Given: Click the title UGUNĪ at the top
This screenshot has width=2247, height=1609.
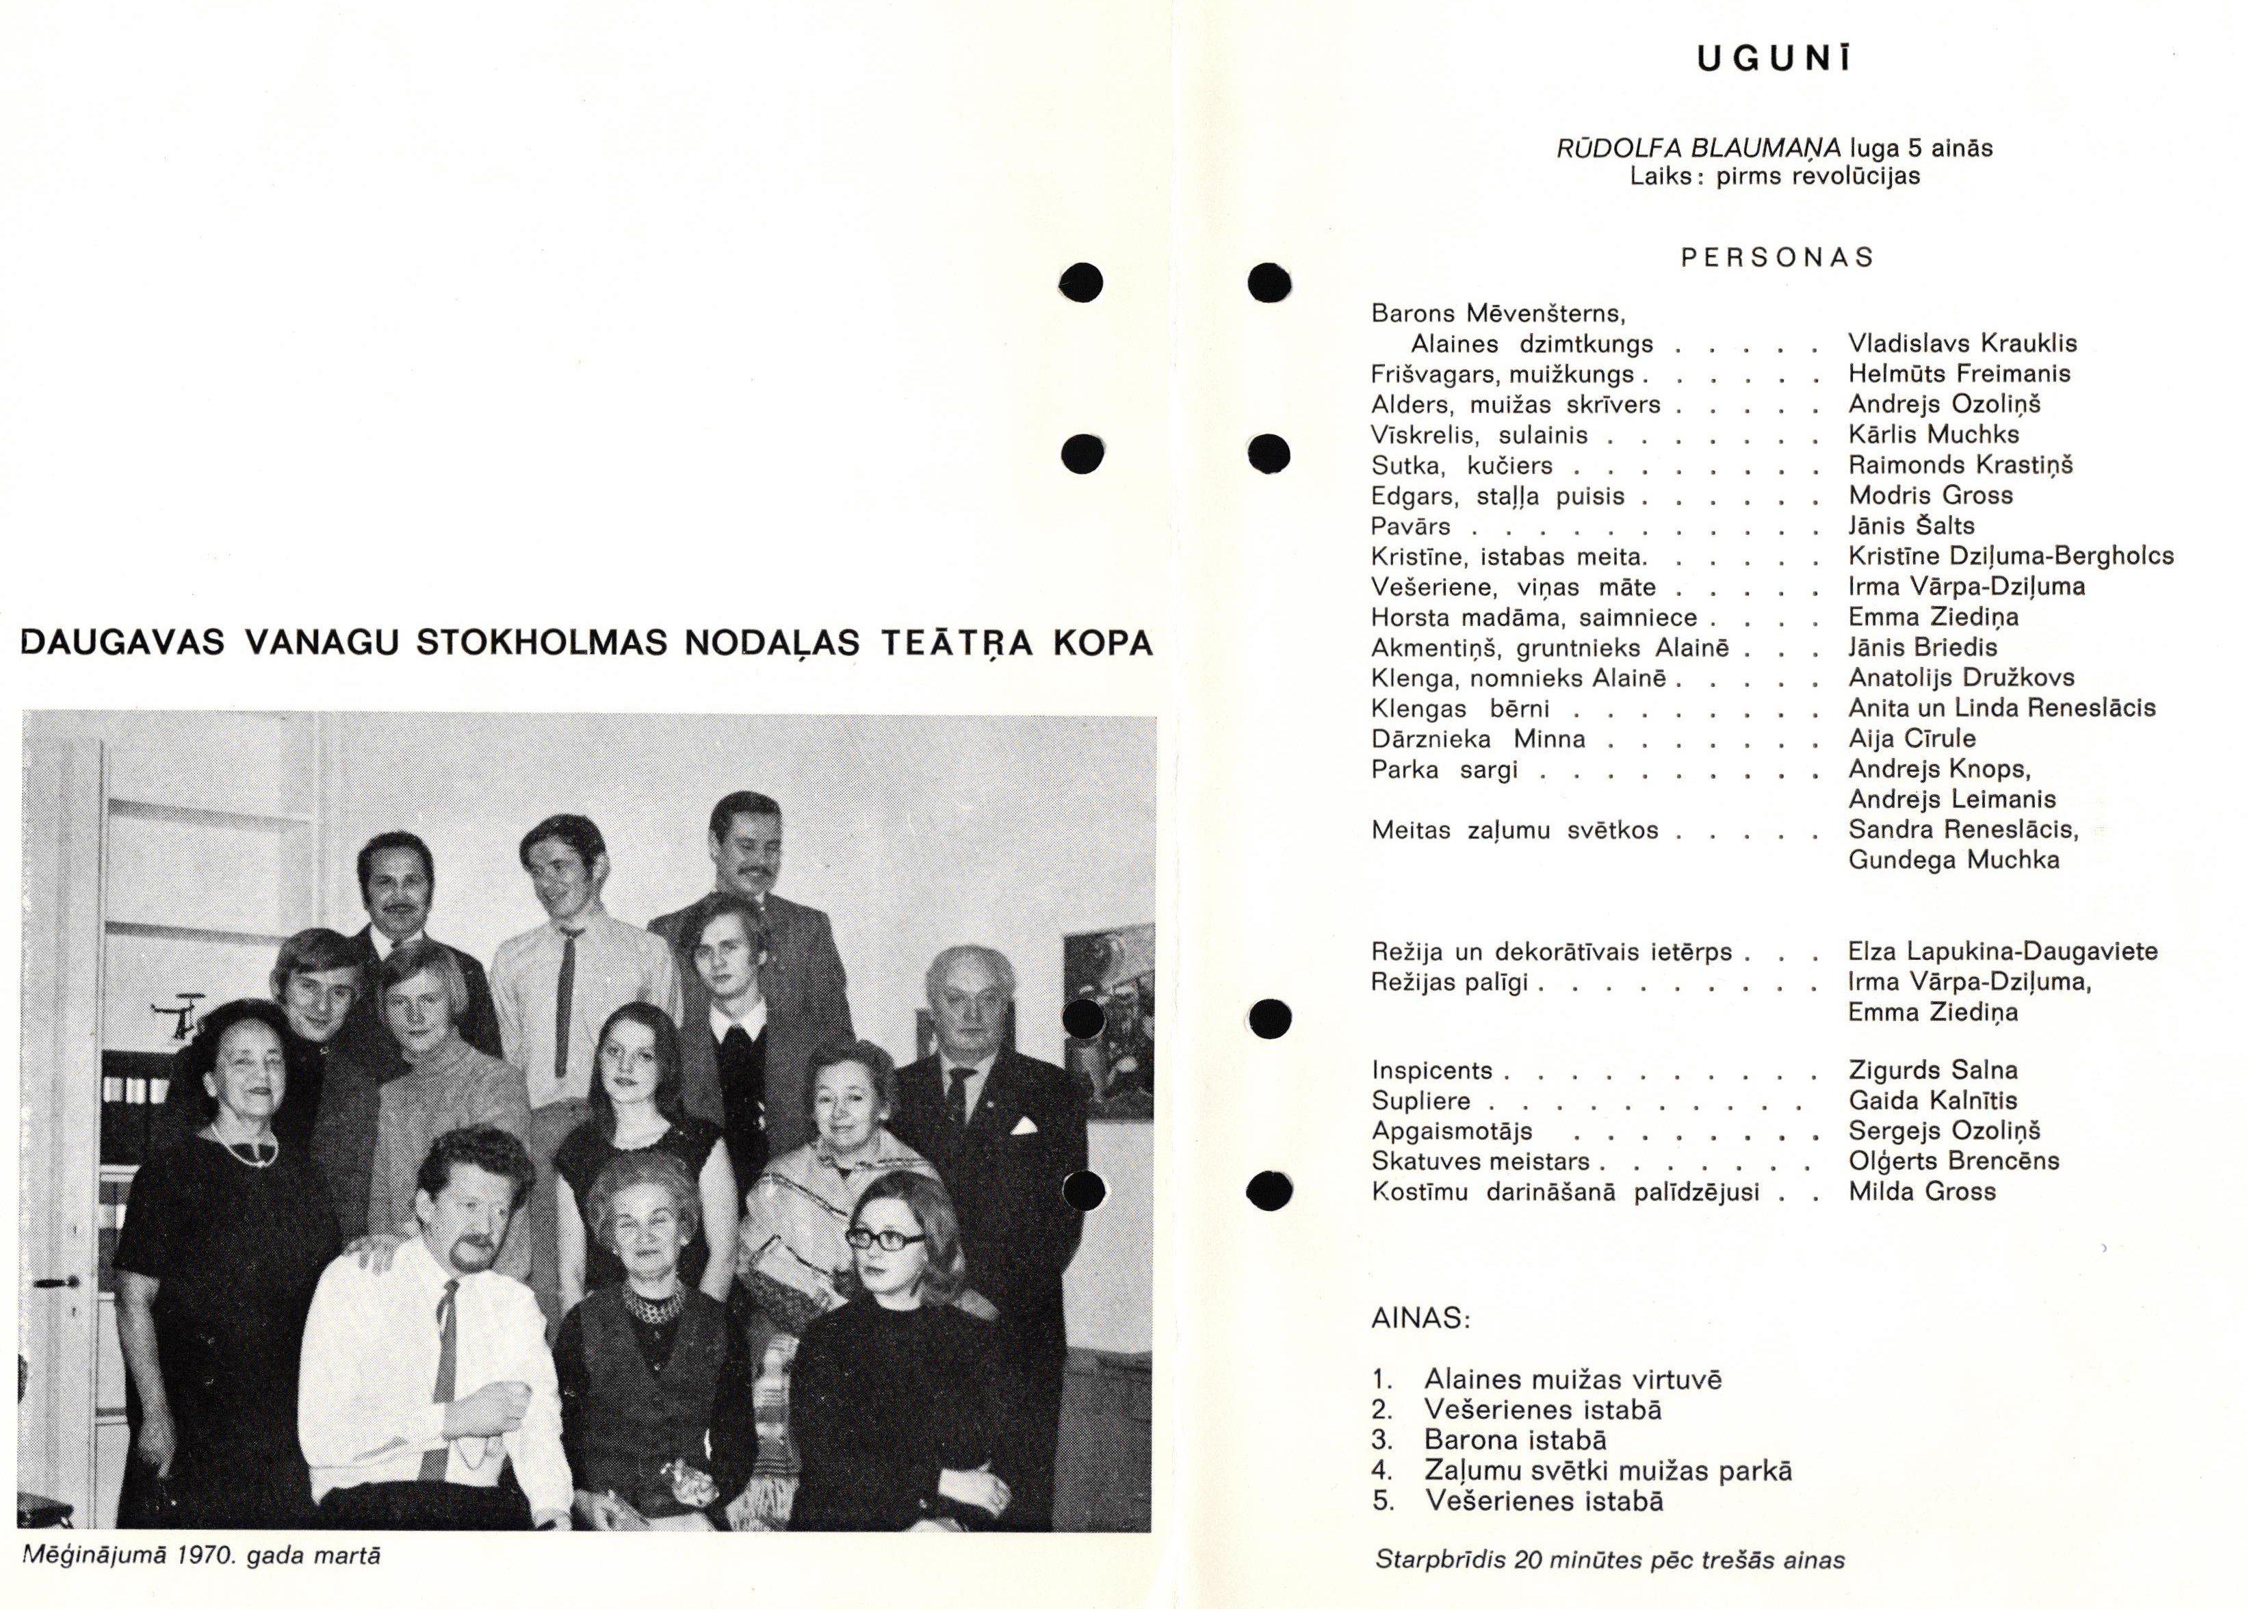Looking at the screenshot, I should [x=1774, y=60].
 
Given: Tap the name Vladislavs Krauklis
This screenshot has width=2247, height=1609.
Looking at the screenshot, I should [x=1962, y=344].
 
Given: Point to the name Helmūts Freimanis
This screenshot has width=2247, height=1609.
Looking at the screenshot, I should [x=1959, y=374].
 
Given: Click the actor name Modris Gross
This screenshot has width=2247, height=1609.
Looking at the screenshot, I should [x=1931, y=495].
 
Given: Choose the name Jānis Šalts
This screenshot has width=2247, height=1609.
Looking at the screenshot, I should [x=1911, y=526].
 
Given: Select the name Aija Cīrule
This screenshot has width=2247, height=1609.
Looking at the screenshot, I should [x=1911, y=739].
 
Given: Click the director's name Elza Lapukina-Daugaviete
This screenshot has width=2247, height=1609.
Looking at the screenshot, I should [x=2002, y=952].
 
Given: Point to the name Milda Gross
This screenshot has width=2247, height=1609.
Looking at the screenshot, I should [x=1922, y=1192].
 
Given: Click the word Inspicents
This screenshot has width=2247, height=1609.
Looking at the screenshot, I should [x=1431, y=1071].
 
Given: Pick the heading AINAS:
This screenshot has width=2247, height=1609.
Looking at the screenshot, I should [x=1420, y=1319].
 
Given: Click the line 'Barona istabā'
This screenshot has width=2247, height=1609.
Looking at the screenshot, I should [x=1515, y=1441].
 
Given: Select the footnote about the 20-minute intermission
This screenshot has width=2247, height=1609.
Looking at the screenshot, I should [x=1609, y=1560].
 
